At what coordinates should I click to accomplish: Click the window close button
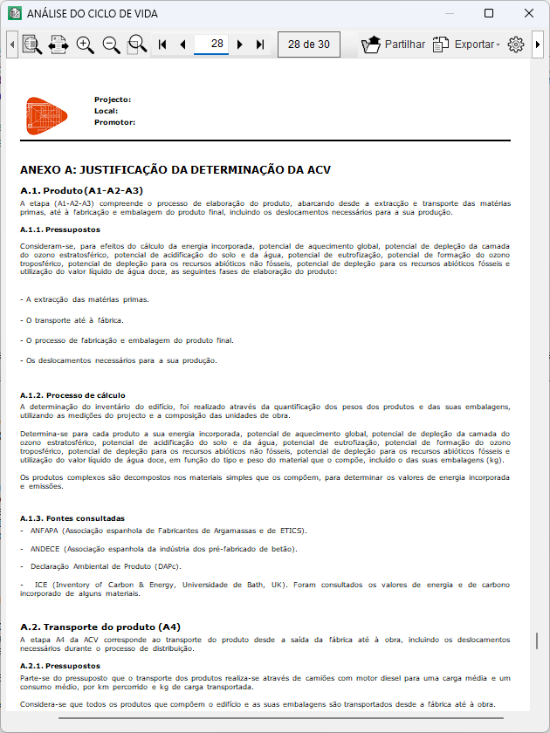tap(528, 14)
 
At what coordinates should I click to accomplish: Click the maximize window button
tap(489, 14)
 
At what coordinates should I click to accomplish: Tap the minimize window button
tap(449, 14)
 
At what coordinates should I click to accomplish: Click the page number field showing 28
tap(217, 44)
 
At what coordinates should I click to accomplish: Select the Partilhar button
tap(394, 45)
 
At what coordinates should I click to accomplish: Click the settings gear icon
tap(515, 45)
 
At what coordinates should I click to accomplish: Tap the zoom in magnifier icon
tap(85, 45)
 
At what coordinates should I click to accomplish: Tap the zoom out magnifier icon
tap(111, 45)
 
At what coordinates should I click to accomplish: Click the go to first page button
tap(162, 45)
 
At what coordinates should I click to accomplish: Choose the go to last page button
tap(260, 45)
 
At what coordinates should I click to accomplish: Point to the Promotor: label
tap(114, 122)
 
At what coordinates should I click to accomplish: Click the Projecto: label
tap(113, 99)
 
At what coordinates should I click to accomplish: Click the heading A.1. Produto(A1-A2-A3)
tap(81, 190)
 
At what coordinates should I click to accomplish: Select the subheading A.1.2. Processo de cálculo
tap(72, 395)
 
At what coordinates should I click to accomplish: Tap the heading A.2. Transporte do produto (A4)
tap(100, 627)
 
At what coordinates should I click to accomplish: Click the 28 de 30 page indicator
tap(308, 45)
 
